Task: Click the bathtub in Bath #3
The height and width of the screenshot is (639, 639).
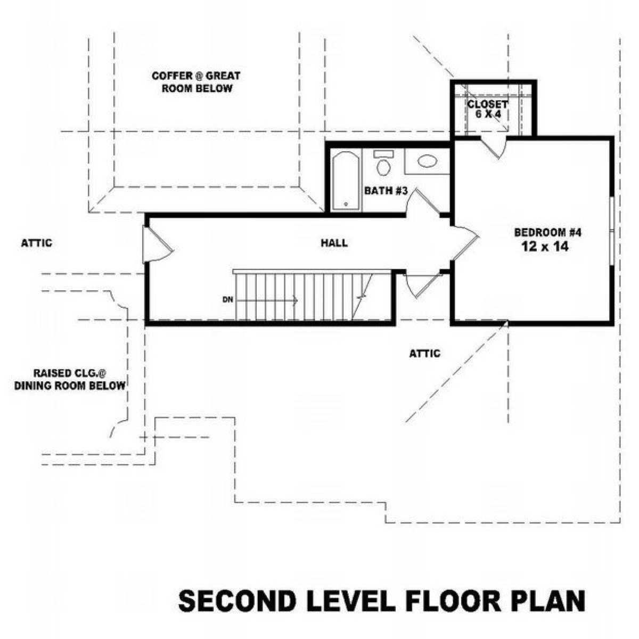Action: click(x=346, y=181)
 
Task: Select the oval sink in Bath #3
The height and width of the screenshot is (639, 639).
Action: click(x=428, y=161)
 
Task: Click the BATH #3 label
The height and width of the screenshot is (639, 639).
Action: click(x=386, y=191)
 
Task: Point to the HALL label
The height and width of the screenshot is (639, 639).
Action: click(x=334, y=243)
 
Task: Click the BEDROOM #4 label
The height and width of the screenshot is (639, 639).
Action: click(x=548, y=233)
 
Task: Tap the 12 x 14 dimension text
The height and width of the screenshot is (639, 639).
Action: click(x=545, y=247)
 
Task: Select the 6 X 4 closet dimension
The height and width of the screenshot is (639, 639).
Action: click(x=488, y=114)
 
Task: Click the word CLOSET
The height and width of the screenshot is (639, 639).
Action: click(x=487, y=104)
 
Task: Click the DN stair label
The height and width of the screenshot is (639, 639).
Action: click(x=228, y=300)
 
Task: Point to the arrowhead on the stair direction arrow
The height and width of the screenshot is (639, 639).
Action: click(x=295, y=300)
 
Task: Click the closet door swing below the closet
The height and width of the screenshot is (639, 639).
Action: click(x=493, y=147)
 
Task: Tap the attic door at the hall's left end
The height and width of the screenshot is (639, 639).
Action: click(x=157, y=245)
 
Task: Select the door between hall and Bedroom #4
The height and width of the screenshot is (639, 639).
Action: click(x=465, y=244)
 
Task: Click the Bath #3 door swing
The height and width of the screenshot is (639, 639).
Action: click(x=423, y=201)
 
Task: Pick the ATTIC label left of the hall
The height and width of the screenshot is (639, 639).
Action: click(x=37, y=243)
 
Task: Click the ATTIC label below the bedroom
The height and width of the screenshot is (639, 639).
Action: click(x=425, y=354)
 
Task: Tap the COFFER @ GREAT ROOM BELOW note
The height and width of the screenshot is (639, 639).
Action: click(x=196, y=82)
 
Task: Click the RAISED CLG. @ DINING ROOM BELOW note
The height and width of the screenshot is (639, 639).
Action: click(x=70, y=379)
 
